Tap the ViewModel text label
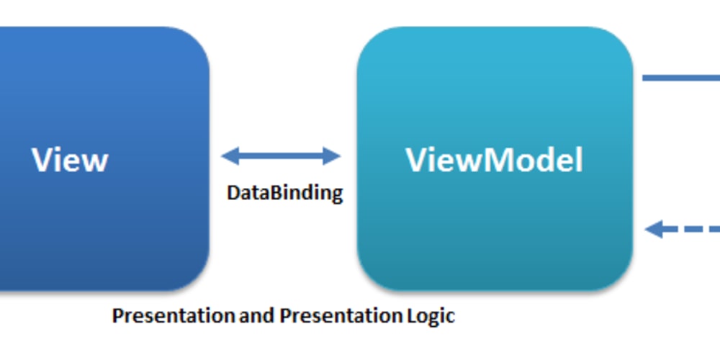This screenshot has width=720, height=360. click(x=495, y=160)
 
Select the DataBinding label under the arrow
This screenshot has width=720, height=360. click(x=284, y=193)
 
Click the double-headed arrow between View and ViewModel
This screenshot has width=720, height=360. click(x=281, y=156)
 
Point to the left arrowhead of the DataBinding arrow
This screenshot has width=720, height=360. click(x=230, y=156)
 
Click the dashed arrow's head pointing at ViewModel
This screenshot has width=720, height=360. click(x=654, y=229)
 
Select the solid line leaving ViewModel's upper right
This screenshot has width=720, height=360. click(x=681, y=78)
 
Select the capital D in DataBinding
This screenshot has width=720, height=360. click(x=234, y=193)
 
